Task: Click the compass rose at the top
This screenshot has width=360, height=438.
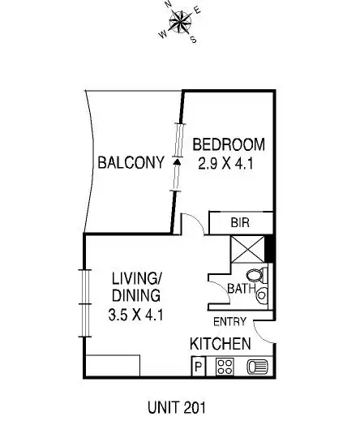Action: coord(179,20)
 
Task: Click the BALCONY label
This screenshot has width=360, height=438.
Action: coord(131,162)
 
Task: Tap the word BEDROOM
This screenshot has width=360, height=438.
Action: coord(229,145)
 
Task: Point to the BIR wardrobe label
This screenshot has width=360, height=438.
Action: coord(239,222)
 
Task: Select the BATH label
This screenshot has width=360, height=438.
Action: coord(241,288)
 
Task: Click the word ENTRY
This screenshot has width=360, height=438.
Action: coord(229,321)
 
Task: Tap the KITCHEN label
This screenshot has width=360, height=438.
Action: coord(220,345)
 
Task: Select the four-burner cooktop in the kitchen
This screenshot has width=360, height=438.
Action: coord(224,367)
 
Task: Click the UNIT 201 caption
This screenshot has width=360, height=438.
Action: coord(177,407)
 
